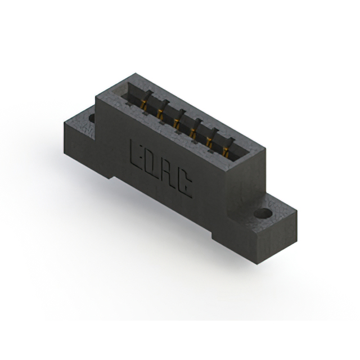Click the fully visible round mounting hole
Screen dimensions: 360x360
click(x=263, y=213)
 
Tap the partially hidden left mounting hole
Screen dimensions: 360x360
click(x=92, y=118)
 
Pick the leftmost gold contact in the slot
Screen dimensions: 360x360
click(x=144, y=105)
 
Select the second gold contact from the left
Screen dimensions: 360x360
click(x=160, y=113)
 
